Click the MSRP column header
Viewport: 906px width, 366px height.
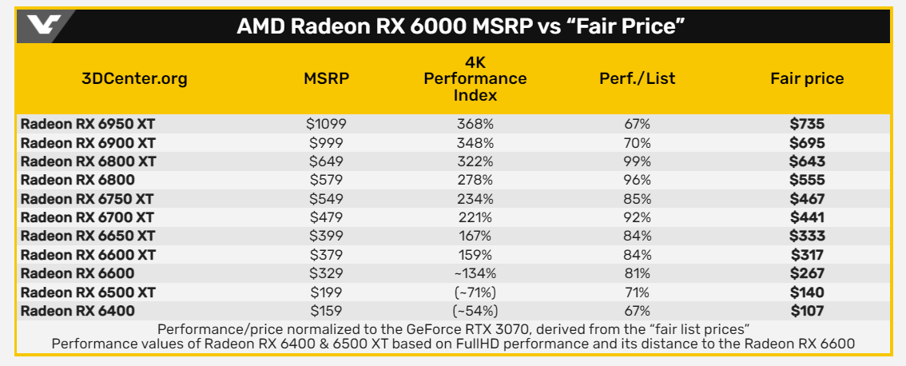click(x=326, y=78)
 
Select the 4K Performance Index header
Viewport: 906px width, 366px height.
click(x=475, y=78)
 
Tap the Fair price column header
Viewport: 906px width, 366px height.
click(x=806, y=78)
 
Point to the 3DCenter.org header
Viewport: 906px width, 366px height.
click(x=134, y=78)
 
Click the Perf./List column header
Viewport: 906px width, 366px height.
click(x=637, y=78)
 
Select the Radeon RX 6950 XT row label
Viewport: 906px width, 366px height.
click(x=88, y=125)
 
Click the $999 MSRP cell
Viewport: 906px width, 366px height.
click(x=326, y=143)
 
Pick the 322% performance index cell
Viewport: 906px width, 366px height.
click(x=475, y=161)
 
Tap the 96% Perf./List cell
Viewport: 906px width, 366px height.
click(x=637, y=181)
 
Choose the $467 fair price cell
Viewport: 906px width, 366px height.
click(x=806, y=199)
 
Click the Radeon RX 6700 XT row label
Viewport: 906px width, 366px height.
click(x=88, y=217)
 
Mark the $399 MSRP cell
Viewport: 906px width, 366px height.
click(x=326, y=237)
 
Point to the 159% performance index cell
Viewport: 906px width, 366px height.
click(x=475, y=255)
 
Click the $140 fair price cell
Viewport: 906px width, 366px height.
click(x=806, y=292)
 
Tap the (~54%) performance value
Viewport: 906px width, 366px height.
click(x=475, y=311)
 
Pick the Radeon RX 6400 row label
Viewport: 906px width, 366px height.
click(x=77, y=311)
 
